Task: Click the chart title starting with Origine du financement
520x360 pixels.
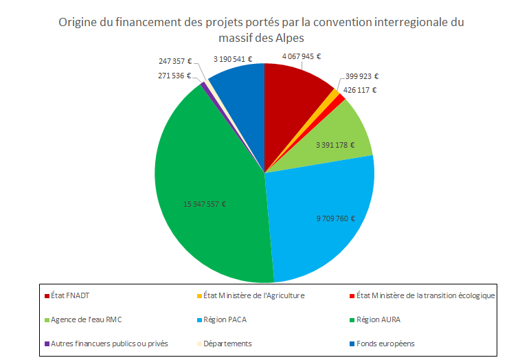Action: (261, 29)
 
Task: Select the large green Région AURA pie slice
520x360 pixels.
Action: (206, 206)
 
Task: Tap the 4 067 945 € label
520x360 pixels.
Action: (302, 57)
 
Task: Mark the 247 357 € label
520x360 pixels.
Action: (175, 61)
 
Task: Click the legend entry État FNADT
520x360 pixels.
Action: (71, 296)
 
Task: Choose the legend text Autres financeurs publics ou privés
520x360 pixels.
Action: (110, 344)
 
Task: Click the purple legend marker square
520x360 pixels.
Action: (47, 344)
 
